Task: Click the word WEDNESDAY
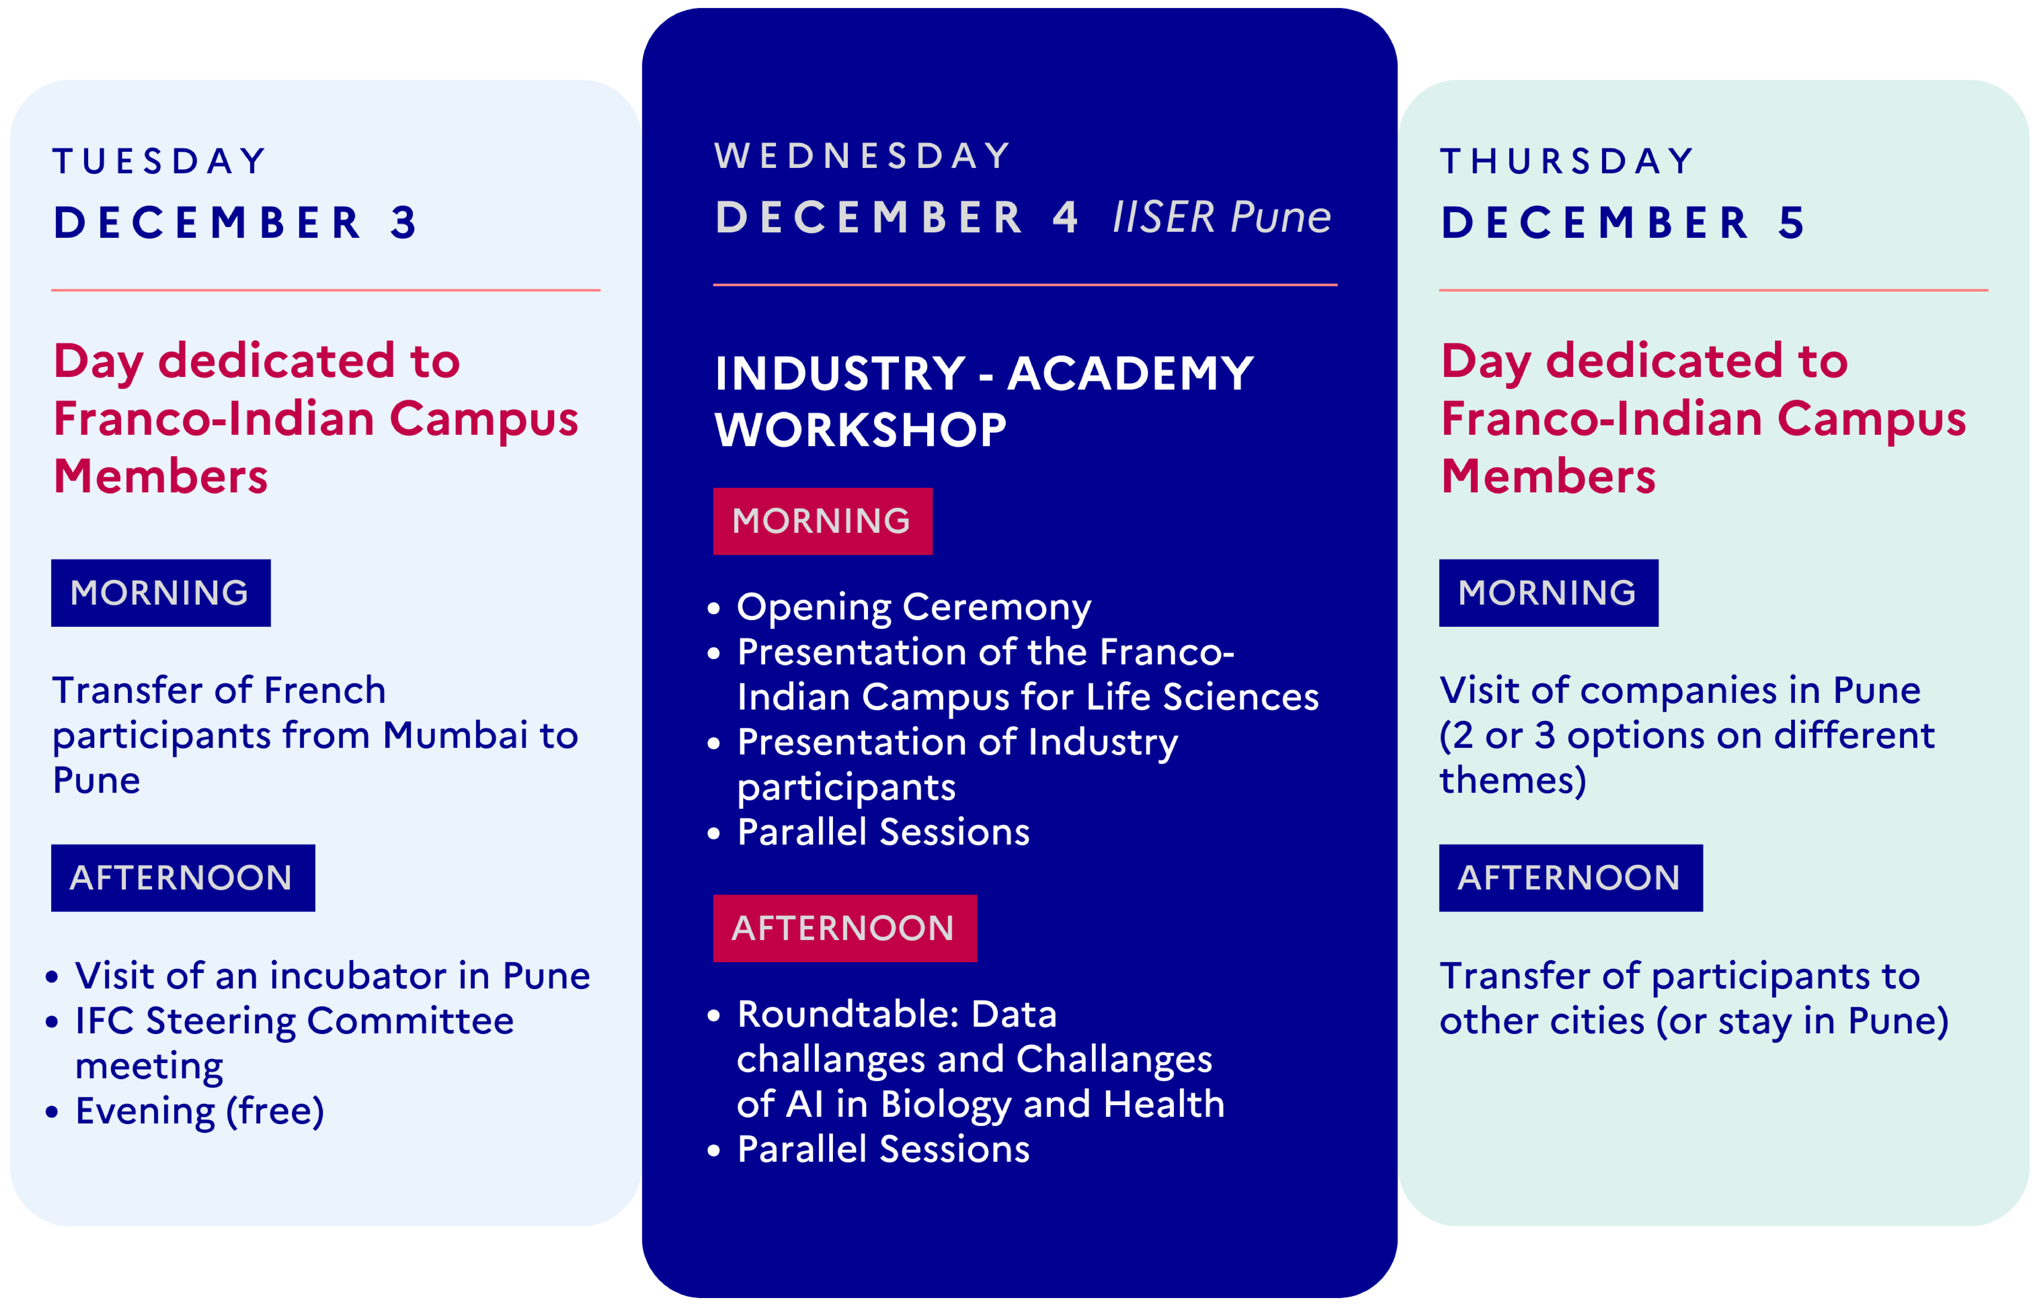863,156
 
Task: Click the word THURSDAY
1568,161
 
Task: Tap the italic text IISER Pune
1221,217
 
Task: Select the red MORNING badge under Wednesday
822,521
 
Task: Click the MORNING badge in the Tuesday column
160,593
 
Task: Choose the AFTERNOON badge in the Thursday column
1570,878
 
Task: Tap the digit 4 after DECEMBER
1065,217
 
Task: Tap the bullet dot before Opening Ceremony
713,608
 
